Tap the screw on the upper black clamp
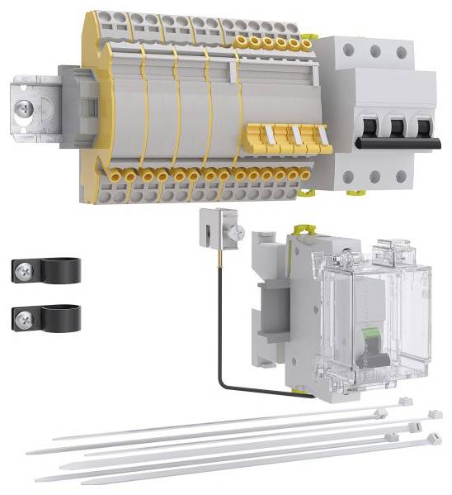coord(25,269)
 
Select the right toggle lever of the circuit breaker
coord(423,131)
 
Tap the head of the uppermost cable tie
coord(404,402)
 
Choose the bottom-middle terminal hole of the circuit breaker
coord(375,175)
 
